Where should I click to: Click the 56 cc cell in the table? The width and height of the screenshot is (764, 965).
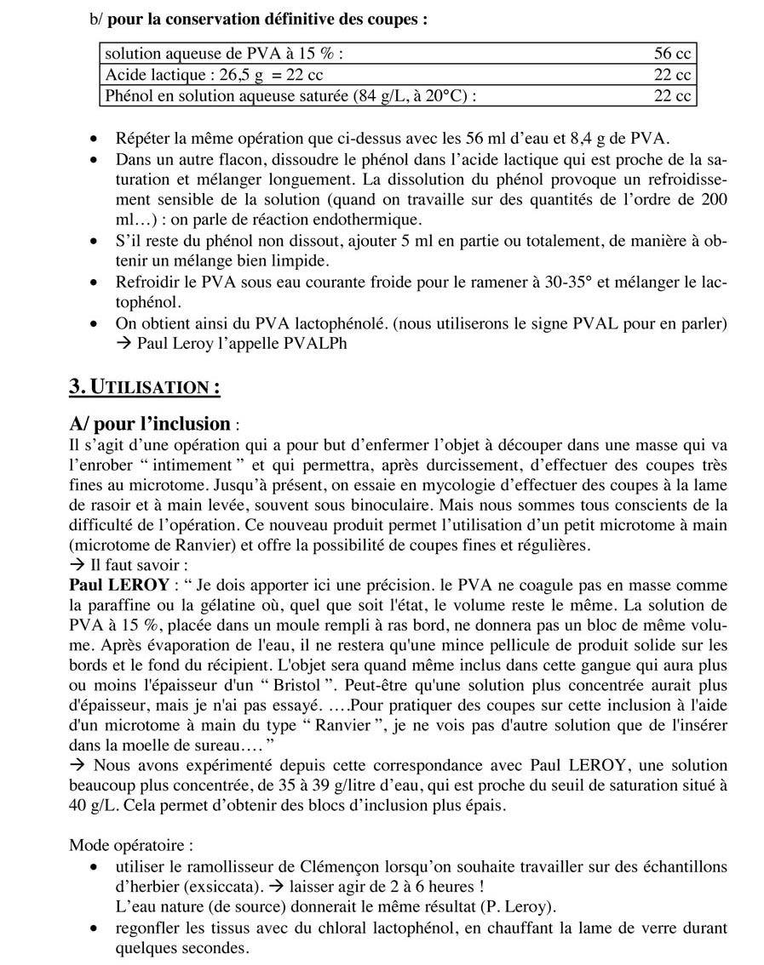coord(671,54)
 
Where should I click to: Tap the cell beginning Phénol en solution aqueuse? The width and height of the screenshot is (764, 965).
coord(290,95)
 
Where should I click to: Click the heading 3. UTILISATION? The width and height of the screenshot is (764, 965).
coord(144,388)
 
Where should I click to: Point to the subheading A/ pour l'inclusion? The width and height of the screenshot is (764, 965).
coord(149,423)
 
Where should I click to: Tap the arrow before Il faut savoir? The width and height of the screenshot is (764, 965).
coord(75,566)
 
